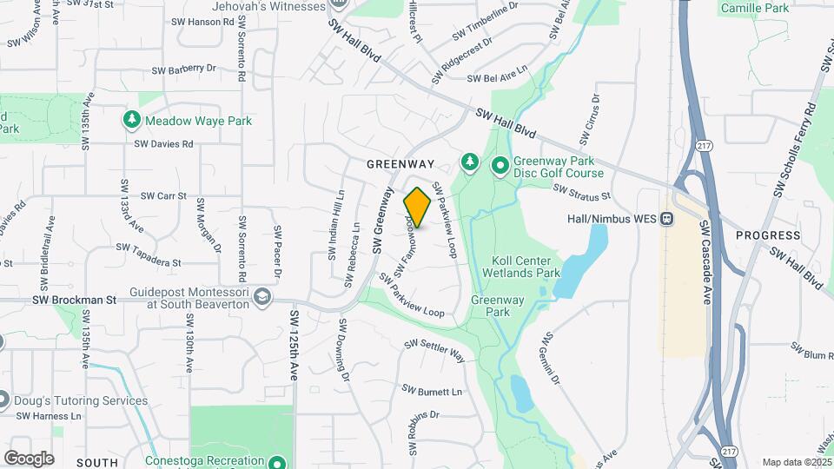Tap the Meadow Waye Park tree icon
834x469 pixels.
(x=132, y=120)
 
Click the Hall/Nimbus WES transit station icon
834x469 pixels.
(x=667, y=218)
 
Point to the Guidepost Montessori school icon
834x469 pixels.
(x=261, y=298)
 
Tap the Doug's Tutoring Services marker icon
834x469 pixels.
(x=3, y=400)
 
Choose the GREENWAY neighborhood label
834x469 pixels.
(x=400, y=163)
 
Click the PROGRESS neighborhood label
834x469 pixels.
(x=767, y=235)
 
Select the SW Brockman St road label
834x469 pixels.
(x=74, y=300)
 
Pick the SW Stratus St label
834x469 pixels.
(x=582, y=190)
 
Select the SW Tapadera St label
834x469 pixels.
(x=151, y=256)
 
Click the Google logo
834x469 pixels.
(x=29, y=458)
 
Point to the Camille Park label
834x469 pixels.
(x=754, y=8)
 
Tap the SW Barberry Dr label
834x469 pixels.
(x=183, y=69)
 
